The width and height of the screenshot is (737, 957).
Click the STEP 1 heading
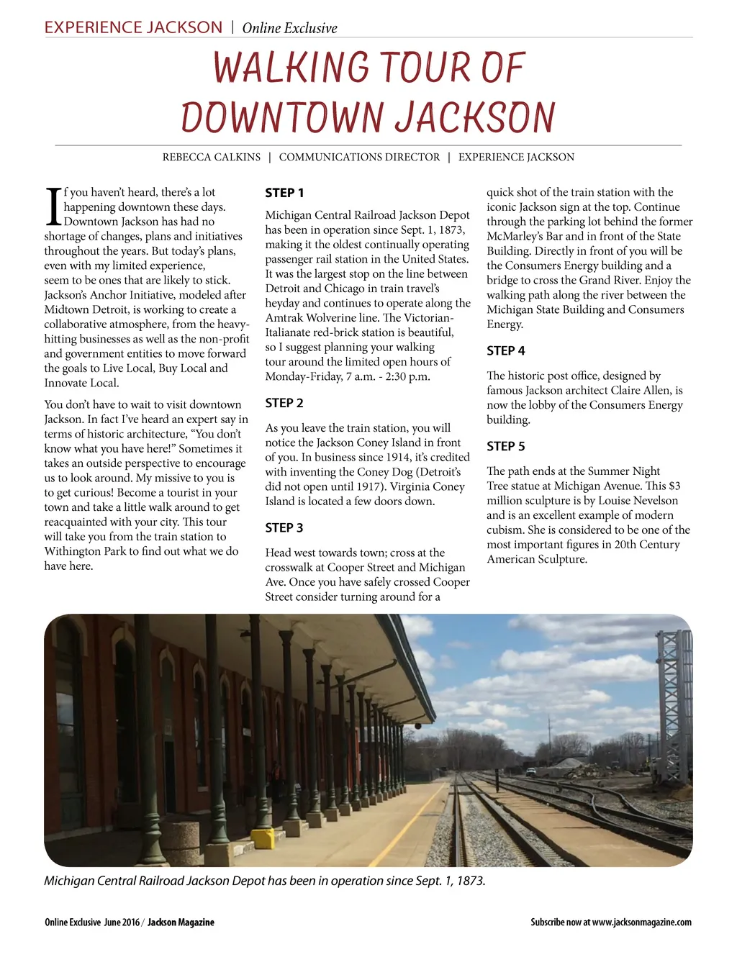click(284, 193)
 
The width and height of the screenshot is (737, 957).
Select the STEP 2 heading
click(284, 403)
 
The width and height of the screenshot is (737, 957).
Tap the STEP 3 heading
click(284, 528)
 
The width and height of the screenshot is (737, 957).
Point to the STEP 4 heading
click(506, 351)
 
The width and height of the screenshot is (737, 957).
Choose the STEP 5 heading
click(506, 447)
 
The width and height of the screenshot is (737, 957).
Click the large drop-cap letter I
click(53, 207)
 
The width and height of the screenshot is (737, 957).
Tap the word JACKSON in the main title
click(475, 118)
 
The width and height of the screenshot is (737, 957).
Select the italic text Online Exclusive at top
click(289, 29)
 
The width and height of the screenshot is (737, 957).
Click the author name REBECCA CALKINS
click(212, 158)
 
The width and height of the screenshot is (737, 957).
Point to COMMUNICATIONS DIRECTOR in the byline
click(359, 158)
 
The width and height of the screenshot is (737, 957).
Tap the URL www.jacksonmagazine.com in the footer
click(641, 922)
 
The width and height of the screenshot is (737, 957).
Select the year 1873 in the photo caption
click(470, 881)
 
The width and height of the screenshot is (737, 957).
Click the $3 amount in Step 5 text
click(674, 486)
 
